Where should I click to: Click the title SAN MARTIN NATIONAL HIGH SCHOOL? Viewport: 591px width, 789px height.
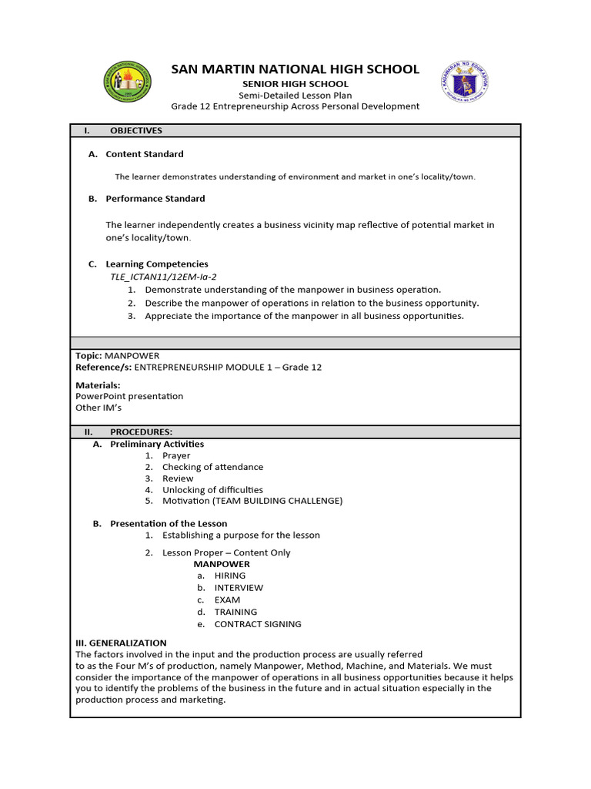coord(295,69)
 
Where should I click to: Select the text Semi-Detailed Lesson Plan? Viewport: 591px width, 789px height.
coord(295,95)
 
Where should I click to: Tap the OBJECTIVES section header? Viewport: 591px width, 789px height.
coord(135,131)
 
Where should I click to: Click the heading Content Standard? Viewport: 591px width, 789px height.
coord(145,154)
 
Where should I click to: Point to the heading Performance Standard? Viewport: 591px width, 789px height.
coord(155,199)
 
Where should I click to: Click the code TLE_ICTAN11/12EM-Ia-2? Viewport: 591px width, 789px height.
coord(158,277)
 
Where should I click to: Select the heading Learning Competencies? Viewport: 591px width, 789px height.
coord(156,264)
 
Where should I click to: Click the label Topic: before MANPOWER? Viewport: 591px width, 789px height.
coord(88,355)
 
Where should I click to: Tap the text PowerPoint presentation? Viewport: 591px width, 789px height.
coord(129,396)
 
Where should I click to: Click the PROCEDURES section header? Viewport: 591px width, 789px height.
coord(141,432)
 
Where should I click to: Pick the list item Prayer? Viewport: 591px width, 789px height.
coord(176,455)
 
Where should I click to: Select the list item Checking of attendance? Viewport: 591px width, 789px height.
coord(212,467)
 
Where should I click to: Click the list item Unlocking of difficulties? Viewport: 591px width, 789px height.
coord(212,490)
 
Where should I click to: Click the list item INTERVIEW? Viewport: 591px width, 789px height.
coord(239,588)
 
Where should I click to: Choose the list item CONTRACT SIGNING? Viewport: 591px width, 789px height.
coord(258,624)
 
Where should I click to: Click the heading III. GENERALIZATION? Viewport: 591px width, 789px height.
coord(121,643)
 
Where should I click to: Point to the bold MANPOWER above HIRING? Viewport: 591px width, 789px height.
coord(222,564)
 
